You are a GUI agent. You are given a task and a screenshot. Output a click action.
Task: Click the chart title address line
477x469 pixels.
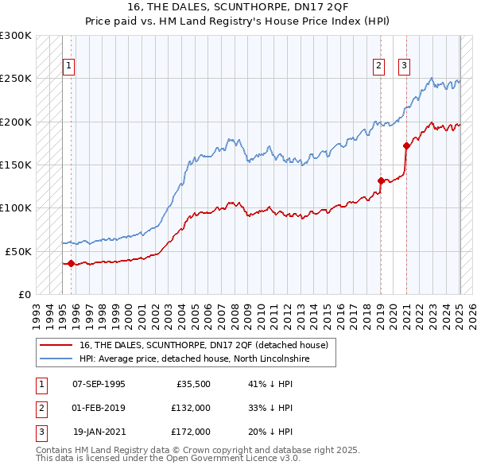(238, 7)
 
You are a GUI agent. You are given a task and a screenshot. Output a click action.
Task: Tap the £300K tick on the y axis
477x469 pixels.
(16, 36)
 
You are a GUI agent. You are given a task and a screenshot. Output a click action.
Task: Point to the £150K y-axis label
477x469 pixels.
(16, 165)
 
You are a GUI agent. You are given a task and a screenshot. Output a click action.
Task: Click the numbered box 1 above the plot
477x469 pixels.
(69, 66)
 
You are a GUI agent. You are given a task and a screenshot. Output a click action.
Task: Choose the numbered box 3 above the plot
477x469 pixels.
(404, 66)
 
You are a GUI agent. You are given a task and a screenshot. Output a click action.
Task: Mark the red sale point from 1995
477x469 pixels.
(71, 263)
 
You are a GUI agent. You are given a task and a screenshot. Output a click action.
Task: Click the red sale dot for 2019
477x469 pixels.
(381, 180)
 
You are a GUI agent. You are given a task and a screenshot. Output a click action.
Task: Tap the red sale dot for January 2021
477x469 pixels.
(406, 145)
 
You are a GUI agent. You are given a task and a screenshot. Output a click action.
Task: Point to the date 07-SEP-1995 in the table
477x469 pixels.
(99, 384)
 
